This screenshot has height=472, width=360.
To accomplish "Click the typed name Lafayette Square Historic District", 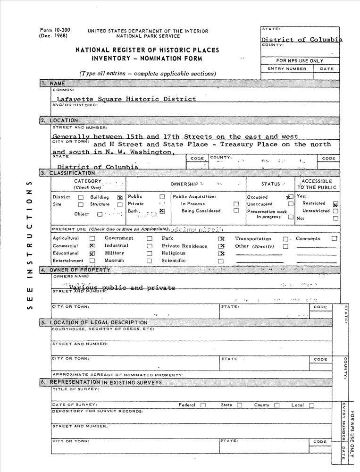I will tap(126, 99).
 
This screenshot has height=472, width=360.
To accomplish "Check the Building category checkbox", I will tap(120, 197).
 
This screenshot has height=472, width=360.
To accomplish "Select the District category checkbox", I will tap(81, 197).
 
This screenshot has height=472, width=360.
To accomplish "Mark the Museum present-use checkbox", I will tap(150, 261).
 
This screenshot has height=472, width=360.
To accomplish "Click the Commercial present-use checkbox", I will tap(92, 246).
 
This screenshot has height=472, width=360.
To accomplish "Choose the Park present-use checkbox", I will tap(221, 239).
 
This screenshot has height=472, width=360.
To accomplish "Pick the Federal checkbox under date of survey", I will tap(203, 405).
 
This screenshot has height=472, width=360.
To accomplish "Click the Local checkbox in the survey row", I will tap(311, 405).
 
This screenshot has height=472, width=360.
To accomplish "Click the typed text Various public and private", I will tap(122, 288).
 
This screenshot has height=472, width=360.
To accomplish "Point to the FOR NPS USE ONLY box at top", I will tap(300, 61).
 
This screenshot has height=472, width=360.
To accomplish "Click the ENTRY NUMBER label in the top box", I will tap(286, 69).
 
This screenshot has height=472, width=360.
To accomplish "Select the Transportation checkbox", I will tap(285, 239).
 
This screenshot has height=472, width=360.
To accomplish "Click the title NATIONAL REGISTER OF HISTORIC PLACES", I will tap(147, 50).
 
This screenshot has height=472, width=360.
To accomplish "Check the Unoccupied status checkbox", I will tap(291, 204).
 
